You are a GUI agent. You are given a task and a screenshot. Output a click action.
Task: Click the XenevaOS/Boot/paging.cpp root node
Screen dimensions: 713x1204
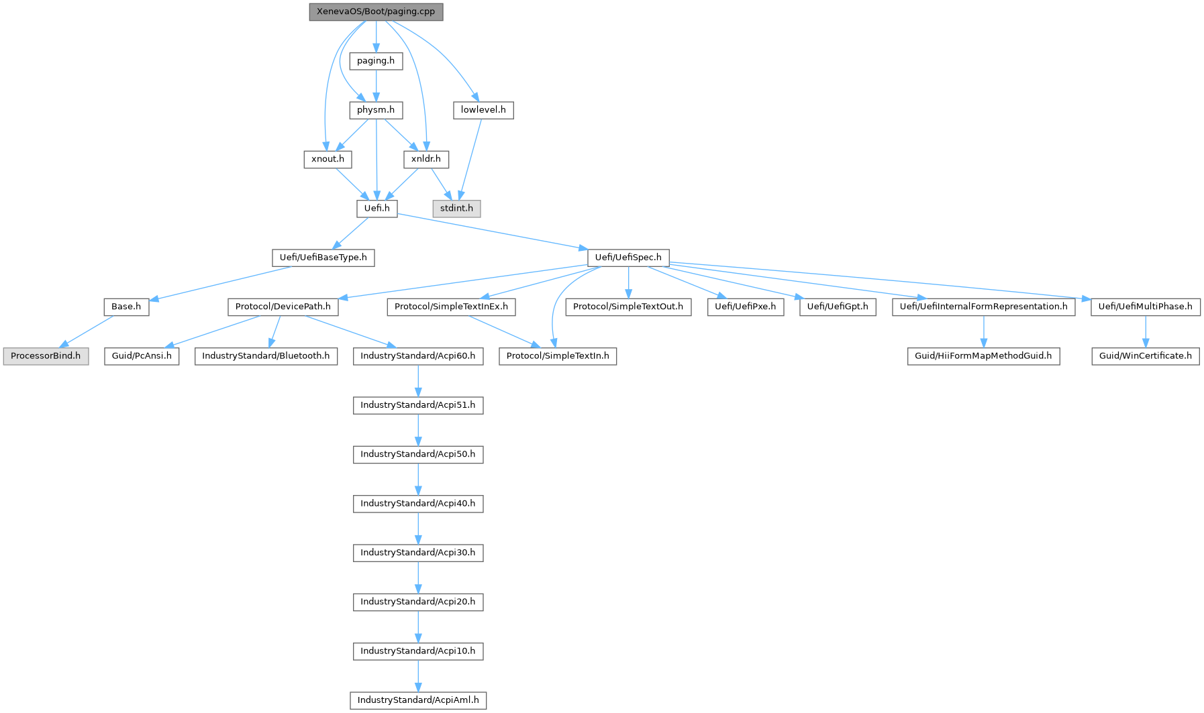376,12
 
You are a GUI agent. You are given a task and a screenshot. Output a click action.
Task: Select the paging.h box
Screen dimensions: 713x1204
376,61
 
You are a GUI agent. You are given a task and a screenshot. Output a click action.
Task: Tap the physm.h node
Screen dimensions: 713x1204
376,110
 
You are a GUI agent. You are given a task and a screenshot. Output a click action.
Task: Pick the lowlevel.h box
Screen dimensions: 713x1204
483,110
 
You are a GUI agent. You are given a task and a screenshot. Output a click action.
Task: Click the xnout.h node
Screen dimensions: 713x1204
328,159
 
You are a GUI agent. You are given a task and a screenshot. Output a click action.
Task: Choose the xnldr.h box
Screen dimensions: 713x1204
426,159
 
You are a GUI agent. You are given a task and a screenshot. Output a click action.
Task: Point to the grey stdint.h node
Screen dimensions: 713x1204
456,209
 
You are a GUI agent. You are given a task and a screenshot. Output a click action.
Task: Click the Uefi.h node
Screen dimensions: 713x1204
377,209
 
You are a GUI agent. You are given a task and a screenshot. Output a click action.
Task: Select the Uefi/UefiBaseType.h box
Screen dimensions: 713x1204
323,258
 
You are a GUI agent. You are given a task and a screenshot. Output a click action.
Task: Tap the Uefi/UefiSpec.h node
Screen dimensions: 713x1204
628,258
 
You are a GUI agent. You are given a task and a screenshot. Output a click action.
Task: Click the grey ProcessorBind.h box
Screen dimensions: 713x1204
46,356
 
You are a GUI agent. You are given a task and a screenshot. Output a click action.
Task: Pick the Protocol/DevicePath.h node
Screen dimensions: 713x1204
283,307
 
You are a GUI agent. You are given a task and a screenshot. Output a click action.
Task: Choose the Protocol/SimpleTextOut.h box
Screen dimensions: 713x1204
628,307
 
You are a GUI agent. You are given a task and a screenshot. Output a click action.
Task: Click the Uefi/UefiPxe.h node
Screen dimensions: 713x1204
745,307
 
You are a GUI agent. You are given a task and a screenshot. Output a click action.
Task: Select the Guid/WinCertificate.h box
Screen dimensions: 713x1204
1145,356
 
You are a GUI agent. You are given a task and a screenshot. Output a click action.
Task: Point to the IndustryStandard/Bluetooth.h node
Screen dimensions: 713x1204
266,356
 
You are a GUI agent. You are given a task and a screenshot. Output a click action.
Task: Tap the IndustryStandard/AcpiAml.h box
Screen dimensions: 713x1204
418,700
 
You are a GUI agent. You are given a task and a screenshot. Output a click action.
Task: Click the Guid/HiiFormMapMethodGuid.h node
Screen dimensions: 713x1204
983,356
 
